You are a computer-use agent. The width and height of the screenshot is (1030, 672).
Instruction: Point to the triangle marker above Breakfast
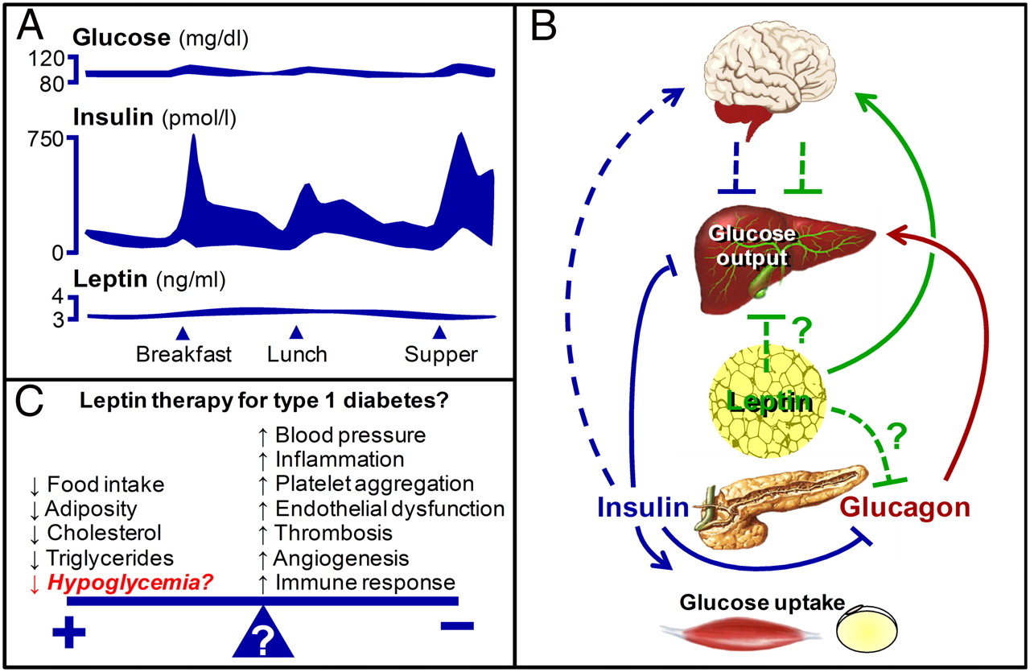183,332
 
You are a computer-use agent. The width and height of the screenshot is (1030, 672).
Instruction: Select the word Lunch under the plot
297,354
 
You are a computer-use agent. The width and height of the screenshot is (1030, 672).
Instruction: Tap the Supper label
441,354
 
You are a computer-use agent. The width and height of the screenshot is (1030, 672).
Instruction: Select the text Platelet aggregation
374,484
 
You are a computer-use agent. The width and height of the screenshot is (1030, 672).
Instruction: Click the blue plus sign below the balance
68,633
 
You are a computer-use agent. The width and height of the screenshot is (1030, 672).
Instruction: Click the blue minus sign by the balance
456,625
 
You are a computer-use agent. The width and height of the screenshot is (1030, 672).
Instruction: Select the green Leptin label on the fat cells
770,400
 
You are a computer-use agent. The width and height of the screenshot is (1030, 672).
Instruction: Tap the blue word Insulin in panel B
642,508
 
